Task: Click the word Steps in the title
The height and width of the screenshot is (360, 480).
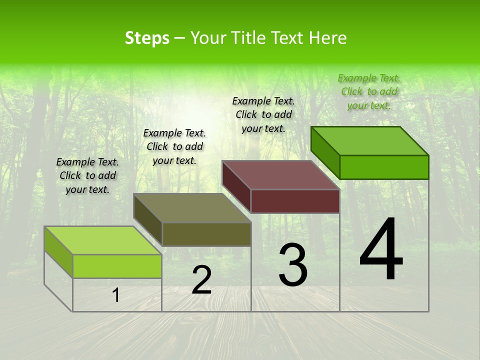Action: [147, 38]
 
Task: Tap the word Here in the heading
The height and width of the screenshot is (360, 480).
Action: [327, 38]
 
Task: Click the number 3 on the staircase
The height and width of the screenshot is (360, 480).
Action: [293, 265]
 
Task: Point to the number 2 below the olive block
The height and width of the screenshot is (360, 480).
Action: [201, 280]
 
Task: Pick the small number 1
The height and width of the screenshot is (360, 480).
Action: [116, 295]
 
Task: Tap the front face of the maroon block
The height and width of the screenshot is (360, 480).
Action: [295, 201]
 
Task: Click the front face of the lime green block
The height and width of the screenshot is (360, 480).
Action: [117, 266]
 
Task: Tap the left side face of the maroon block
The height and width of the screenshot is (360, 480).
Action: [236, 186]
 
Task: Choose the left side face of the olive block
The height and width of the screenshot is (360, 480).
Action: [147, 219]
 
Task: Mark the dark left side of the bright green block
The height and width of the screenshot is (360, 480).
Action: [325, 152]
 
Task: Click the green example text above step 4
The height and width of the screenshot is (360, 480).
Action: [369, 91]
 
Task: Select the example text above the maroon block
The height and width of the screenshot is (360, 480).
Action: [263, 114]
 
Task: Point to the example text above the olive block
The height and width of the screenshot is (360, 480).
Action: [174, 146]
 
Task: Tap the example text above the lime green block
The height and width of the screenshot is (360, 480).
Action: [87, 175]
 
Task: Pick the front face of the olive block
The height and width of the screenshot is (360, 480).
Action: [206, 234]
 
